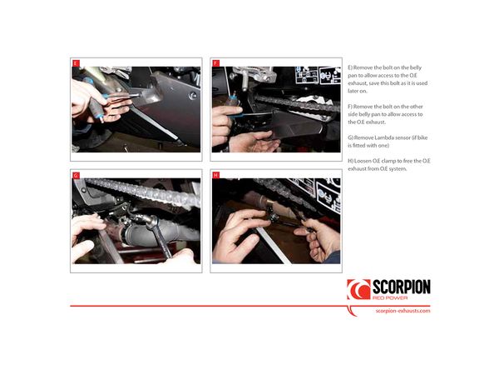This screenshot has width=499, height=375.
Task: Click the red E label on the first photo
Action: coord(76,63)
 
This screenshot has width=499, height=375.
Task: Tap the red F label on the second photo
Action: coord(215,63)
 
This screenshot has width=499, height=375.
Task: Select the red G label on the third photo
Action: coord(76,175)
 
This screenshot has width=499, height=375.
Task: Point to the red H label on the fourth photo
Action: coord(215,175)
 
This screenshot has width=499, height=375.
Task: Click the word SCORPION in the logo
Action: coord(402,287)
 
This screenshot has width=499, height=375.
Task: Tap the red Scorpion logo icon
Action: coord(358,289)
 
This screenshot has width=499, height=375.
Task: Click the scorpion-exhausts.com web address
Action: coord(403,311)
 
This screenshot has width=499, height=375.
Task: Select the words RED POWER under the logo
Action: coord(390,297)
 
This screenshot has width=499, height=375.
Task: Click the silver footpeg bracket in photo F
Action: coord(254,76)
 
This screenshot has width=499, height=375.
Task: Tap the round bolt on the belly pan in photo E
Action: coord(192,96)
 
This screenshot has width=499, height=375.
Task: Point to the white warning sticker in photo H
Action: coord(329,195)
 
